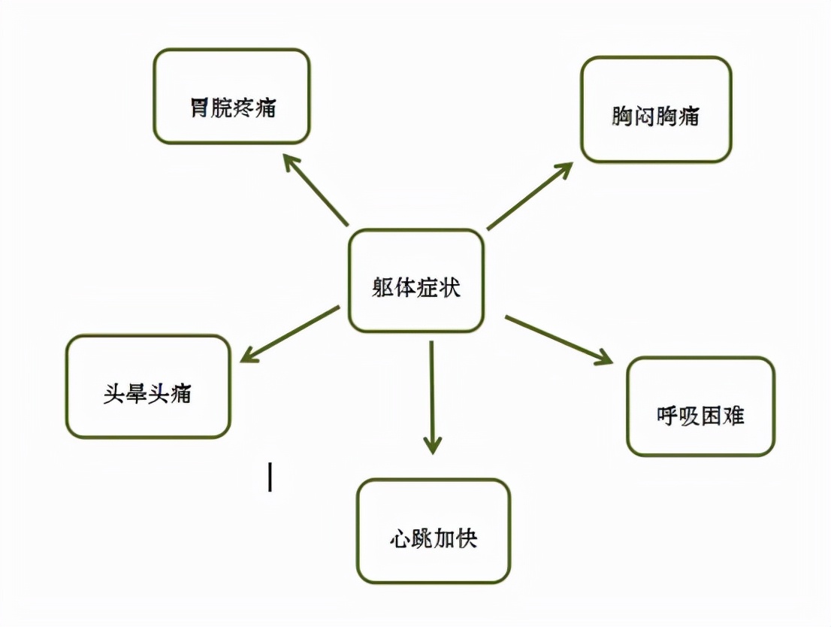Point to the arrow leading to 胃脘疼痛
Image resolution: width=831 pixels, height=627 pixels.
pyautogui.click(x=316, y=190)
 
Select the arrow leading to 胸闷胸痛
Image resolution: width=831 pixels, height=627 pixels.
pyautogui.click(x=530, y=196)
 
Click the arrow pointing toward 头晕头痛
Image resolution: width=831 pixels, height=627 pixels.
pyautogui.click(x=290, y=335)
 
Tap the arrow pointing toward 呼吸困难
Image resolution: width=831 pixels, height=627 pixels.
pyautogui.click(x=559, y=340)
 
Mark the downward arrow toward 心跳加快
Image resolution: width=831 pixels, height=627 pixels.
pyautogui.click(x=433, y=397)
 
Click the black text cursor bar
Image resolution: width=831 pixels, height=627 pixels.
pyautogui.click(x=270, y=477)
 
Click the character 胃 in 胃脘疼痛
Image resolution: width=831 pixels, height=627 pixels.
pyautogui.click(x=199, y=108)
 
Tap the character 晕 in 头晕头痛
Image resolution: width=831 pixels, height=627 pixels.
pyautogui.click(x=136, y=394)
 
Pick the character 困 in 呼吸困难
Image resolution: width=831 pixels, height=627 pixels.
pyautogui.click(x=712, y=416)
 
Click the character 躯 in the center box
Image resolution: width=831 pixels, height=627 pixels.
pyautogui.click(x=382, y=288)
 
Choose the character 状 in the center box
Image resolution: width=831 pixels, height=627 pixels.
pyautogui.click(x=449, y=288)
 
